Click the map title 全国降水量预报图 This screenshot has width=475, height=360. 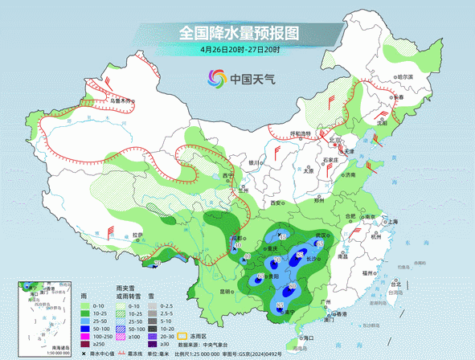pos(238,33)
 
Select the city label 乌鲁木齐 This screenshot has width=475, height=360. pos(121,100)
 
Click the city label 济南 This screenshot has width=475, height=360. pos(349,174)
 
